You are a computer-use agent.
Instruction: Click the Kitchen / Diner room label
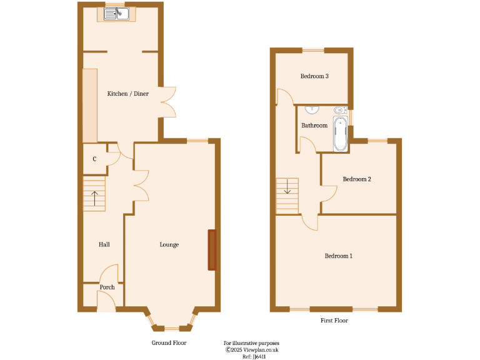(x=128, y=94)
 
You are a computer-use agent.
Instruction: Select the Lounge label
(x=169, y=244)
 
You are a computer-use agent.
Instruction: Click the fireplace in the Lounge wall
(x=212, y=250)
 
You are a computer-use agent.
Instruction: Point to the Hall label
(x=104, y=244)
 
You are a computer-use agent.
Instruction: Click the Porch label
(x=107, y=287)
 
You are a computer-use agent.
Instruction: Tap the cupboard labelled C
(x=94, y=159)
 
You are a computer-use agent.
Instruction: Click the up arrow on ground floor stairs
(x=94, y=198)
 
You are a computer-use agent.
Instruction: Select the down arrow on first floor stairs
(x=287, y=186)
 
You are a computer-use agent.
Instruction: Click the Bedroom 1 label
(x=338, y=256)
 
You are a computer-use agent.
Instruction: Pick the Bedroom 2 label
(x=357, y=179)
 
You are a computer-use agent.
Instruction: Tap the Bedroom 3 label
(x=314, y=76)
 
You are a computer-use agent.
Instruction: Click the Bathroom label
(x=314, y=126)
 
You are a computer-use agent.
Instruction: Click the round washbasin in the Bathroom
(x=311, y=110)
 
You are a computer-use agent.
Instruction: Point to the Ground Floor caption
(x=169, y=343)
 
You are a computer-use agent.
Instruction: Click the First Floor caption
(x=334, y=321)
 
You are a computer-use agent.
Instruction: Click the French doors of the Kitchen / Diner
(x=167, y=101)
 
